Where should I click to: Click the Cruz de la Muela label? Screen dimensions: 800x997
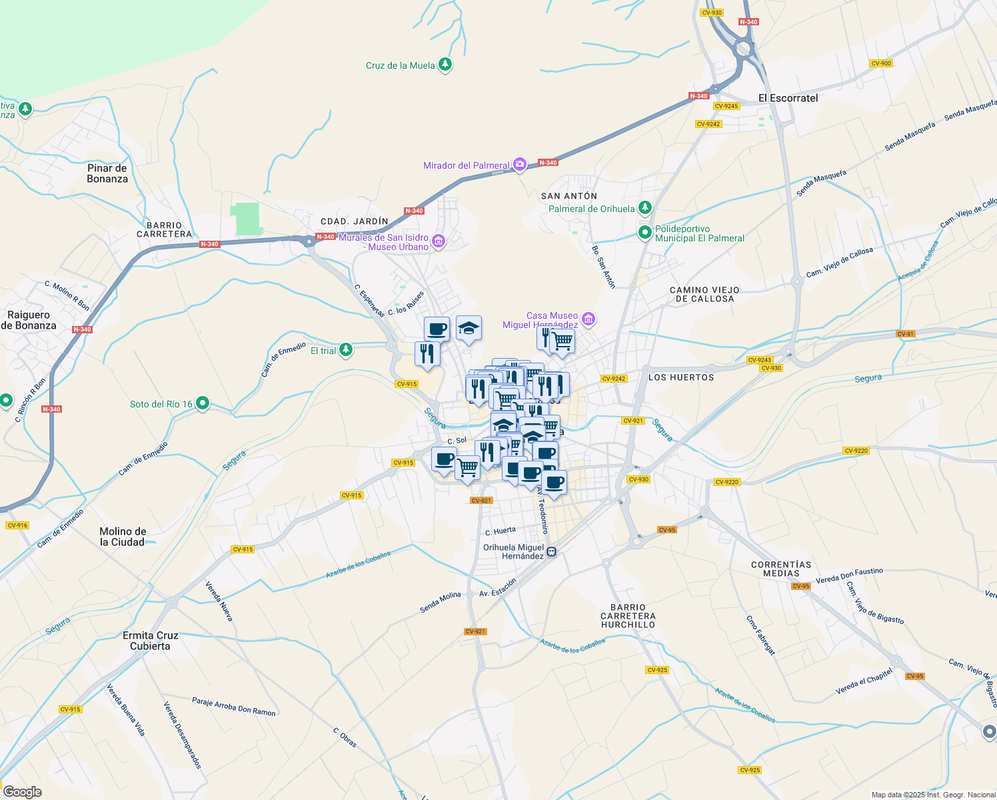click(400, 65)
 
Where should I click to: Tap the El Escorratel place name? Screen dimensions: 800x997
click(788, 98)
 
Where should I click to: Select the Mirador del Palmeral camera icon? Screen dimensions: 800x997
click(520, 165)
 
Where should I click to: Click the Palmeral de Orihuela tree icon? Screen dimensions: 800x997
click(644, 208)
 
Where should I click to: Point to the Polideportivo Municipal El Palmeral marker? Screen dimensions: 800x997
click(644, 233)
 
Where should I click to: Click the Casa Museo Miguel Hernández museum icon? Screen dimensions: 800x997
click(588, 320)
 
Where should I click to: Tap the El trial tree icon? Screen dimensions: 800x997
click(345, 350)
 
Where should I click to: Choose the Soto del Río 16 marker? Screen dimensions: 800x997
click(203, 403)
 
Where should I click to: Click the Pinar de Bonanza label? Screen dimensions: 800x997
click(107, 173)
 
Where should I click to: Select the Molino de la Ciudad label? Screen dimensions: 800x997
click(123, 537)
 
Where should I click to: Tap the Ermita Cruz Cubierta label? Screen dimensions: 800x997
click(151, 641)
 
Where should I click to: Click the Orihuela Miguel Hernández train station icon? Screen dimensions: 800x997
click(552, 551)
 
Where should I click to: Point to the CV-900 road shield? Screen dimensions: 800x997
click(880, 63)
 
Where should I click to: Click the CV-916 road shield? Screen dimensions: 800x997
click(17, 525)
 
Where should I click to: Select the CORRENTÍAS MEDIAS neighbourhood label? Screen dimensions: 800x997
click(781, 569)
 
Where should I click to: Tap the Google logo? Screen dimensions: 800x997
click(23, 791)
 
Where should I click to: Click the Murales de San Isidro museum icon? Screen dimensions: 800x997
click(438, 241)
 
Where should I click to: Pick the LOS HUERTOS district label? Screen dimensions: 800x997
click(681, 377)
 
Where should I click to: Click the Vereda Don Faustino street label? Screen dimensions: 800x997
click(849, 575)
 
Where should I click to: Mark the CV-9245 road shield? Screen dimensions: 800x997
click(726, 106)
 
